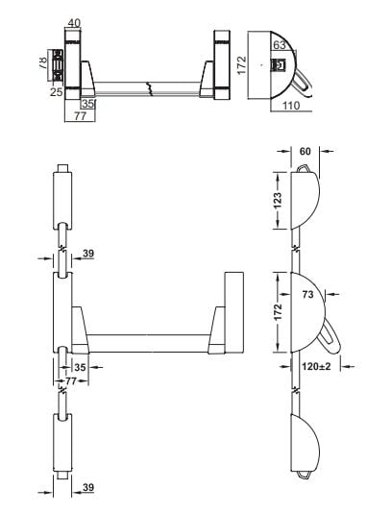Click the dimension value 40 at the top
pos(74,23)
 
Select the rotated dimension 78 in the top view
pos(43,62)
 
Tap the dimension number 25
pos(57,92)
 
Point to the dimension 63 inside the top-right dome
pos(280,45)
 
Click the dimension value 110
pos(291,106)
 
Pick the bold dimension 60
pos(305,152)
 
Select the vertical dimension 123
pos(278,201)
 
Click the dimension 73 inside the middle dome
pos(307,295)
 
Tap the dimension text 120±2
pos(316,366)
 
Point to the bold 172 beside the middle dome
pos(278,312)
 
